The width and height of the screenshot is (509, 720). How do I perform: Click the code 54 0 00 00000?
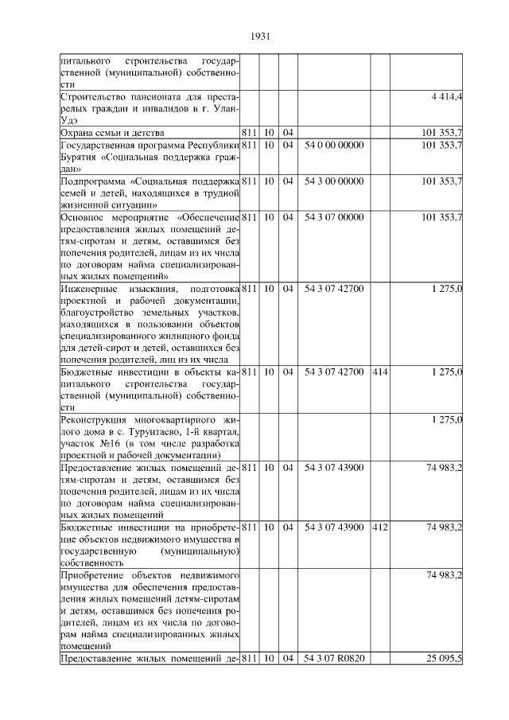click(x=334, y=146)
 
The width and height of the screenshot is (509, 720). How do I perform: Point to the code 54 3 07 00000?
click(x=334, y=217)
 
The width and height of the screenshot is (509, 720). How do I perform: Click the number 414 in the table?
click(x=380, y=372)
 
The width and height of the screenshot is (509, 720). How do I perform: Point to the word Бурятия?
click(x=80, y=158)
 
